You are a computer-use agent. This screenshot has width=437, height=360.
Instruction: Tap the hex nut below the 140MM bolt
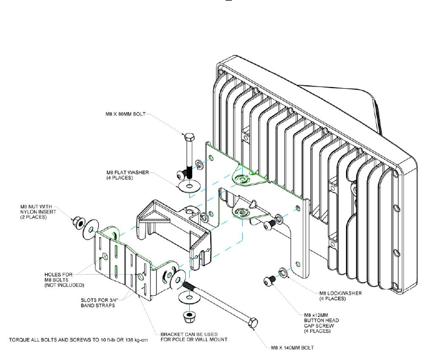(x=186, y=316)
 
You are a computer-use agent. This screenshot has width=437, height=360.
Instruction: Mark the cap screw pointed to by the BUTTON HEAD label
(x=270, y=279)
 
